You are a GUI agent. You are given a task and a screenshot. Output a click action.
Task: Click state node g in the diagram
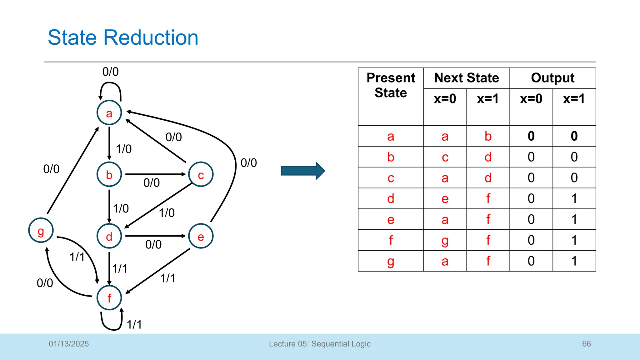41,231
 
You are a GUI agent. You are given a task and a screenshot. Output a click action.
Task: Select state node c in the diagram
201,174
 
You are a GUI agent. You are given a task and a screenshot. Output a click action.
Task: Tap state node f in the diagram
109,298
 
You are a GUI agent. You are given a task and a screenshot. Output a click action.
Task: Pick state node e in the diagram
201,236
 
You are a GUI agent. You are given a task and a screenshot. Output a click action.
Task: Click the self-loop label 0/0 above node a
110,72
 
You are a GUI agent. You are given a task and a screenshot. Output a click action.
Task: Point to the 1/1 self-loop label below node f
134,325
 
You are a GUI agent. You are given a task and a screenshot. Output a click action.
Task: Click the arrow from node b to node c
155,174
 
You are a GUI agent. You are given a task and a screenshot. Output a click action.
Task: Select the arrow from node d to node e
155,236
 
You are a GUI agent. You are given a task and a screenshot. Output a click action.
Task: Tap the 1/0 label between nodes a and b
124,149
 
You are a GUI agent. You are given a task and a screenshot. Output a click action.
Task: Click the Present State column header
391,85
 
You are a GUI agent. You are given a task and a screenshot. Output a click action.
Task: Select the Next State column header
467,78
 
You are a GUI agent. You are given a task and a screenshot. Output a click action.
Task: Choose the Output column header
552,78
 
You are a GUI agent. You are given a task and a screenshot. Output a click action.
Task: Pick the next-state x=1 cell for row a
488,136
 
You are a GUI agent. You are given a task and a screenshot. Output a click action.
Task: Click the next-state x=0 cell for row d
445,199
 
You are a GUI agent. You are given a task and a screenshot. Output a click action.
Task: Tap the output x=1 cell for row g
574,261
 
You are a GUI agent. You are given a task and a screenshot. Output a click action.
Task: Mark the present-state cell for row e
391,219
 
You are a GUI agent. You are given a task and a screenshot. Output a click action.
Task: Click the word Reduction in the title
151,37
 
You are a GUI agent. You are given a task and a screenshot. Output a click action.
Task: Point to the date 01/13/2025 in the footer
69,344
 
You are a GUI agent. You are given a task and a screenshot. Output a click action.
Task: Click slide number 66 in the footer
586,344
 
